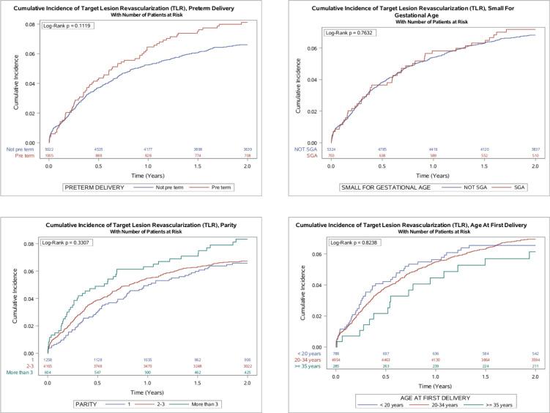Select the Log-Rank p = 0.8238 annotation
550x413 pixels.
(x=348, y=242)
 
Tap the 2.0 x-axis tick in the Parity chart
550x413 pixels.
(x=247, y=374)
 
